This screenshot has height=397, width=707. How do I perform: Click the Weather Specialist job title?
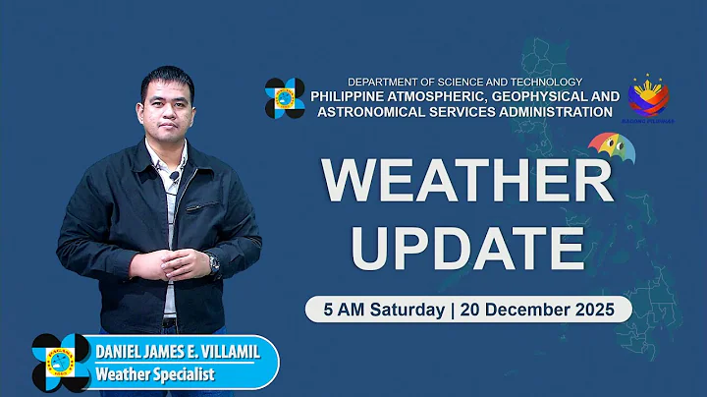click(154, 374)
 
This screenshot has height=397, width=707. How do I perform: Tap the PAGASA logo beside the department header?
click(285, 98)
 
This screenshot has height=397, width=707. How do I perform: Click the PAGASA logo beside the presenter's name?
click(61, 363)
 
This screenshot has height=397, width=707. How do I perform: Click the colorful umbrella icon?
click(611, 148)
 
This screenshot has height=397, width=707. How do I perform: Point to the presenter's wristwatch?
click(213, 262)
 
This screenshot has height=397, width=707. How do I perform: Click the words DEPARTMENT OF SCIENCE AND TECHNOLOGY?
click(465, 82)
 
